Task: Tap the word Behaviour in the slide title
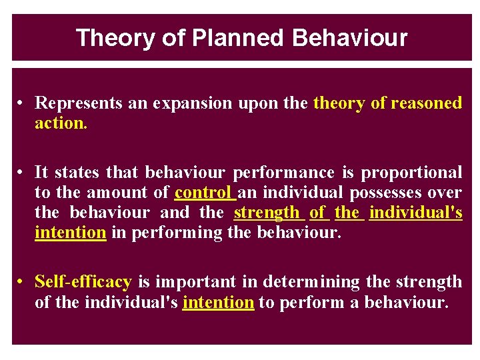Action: tap(349, 38)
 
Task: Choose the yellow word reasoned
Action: tap(426, 103)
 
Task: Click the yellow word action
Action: tap(61, 123)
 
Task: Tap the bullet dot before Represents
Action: tap(22, 103)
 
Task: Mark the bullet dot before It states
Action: tap(22, 173)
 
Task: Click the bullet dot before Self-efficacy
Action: tap(22, 282)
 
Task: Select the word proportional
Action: tap(411, 173)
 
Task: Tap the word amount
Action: tap(115, 193)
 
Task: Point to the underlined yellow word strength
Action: tap(267, 213)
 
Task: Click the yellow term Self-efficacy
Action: tap(83, 282)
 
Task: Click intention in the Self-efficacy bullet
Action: tap(218, 302)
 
